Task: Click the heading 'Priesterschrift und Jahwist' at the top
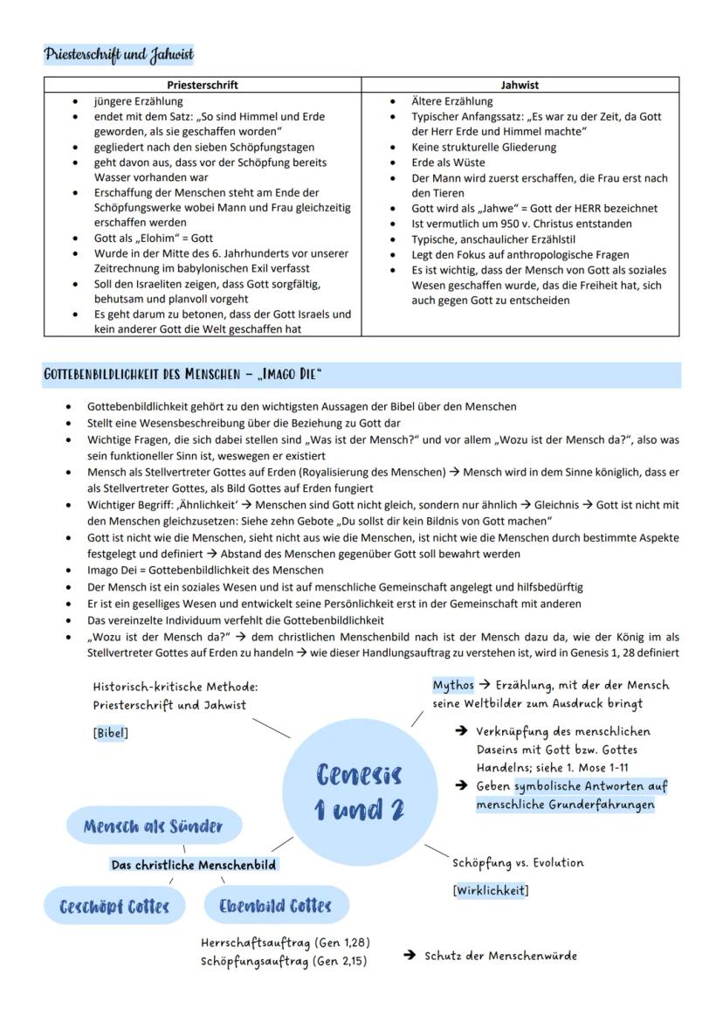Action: [x=118, y=54]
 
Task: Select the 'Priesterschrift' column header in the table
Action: [x=203, y=85]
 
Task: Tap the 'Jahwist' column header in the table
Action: [x=520, y=85]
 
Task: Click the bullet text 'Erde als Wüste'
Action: [x=448, y=162]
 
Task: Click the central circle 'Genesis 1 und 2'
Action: [x=360, y=791]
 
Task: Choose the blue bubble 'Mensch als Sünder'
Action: [x=153, y=826]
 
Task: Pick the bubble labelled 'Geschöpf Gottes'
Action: [x=114, y=906]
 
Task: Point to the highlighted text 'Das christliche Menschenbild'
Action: [x=193, y=865]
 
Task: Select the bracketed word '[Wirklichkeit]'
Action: [x=490, y=890]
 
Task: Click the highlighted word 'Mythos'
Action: [x=453, y=685]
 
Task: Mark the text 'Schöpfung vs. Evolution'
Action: [x=518, y=863]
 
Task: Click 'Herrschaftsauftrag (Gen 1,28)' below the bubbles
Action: [x=286, y=944]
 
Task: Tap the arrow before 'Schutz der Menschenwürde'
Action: [x=409, y=956]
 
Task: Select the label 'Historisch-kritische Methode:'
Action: [x=176, y=688]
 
